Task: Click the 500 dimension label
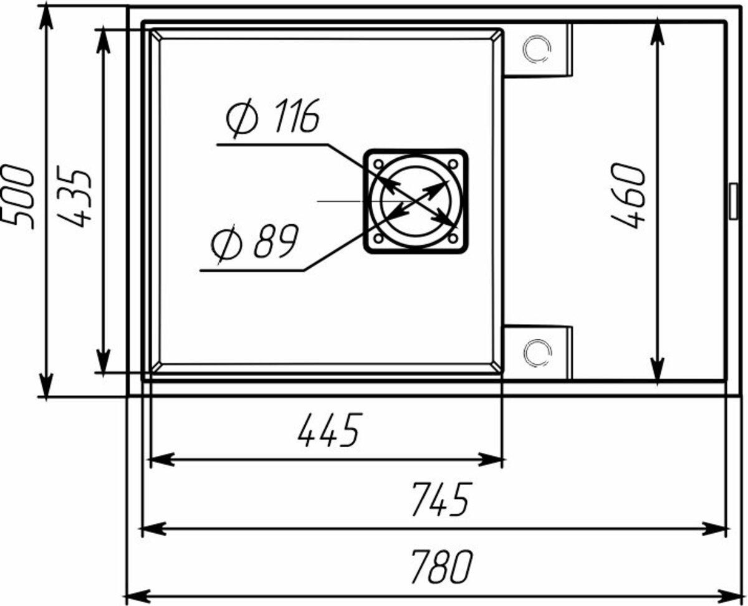tap(18, 197)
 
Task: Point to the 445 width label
tap(330, 430)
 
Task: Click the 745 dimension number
tap(442, 499)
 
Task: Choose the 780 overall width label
tap(442, 566)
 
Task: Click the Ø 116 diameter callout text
tap(273, 118)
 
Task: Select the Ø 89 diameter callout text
tap(254, 242)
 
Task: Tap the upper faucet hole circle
tap(537, 49)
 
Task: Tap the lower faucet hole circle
tap(537, 354)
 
